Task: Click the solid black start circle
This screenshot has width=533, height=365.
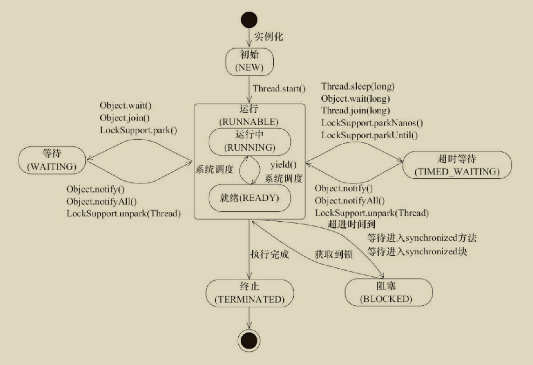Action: tap(249, 20)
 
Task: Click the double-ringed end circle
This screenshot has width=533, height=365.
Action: tap(249, 341)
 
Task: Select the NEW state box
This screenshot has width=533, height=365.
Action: tap(249, 62)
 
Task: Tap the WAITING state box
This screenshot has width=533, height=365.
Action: tap(52, 160)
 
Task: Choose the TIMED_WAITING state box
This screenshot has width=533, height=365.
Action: tap(457, 165)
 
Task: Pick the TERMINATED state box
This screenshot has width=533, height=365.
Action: tap(249, 293)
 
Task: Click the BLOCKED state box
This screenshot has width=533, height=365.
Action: tap(388, 292)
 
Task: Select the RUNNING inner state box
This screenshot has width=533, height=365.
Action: tap(249, 141)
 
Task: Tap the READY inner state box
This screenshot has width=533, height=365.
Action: tap(249, 198)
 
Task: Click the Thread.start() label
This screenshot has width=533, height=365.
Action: tap(279, 89)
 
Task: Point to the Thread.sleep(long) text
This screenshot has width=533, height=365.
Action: tap(358, 86)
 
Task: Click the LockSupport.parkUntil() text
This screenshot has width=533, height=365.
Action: tap(369, 135)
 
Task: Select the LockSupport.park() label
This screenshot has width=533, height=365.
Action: tap(138, 130)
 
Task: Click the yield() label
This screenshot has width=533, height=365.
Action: tap(283, 165)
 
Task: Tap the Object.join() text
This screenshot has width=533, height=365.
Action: tap(125, 118)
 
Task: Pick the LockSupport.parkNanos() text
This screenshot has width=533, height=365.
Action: tap(372, 123)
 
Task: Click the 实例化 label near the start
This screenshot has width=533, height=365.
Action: tap(269, 36)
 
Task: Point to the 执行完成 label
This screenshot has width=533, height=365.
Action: tap(270, 254)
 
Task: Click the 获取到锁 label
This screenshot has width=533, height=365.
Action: tap(333, 254)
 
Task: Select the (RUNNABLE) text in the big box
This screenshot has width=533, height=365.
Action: tap(249, 122)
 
